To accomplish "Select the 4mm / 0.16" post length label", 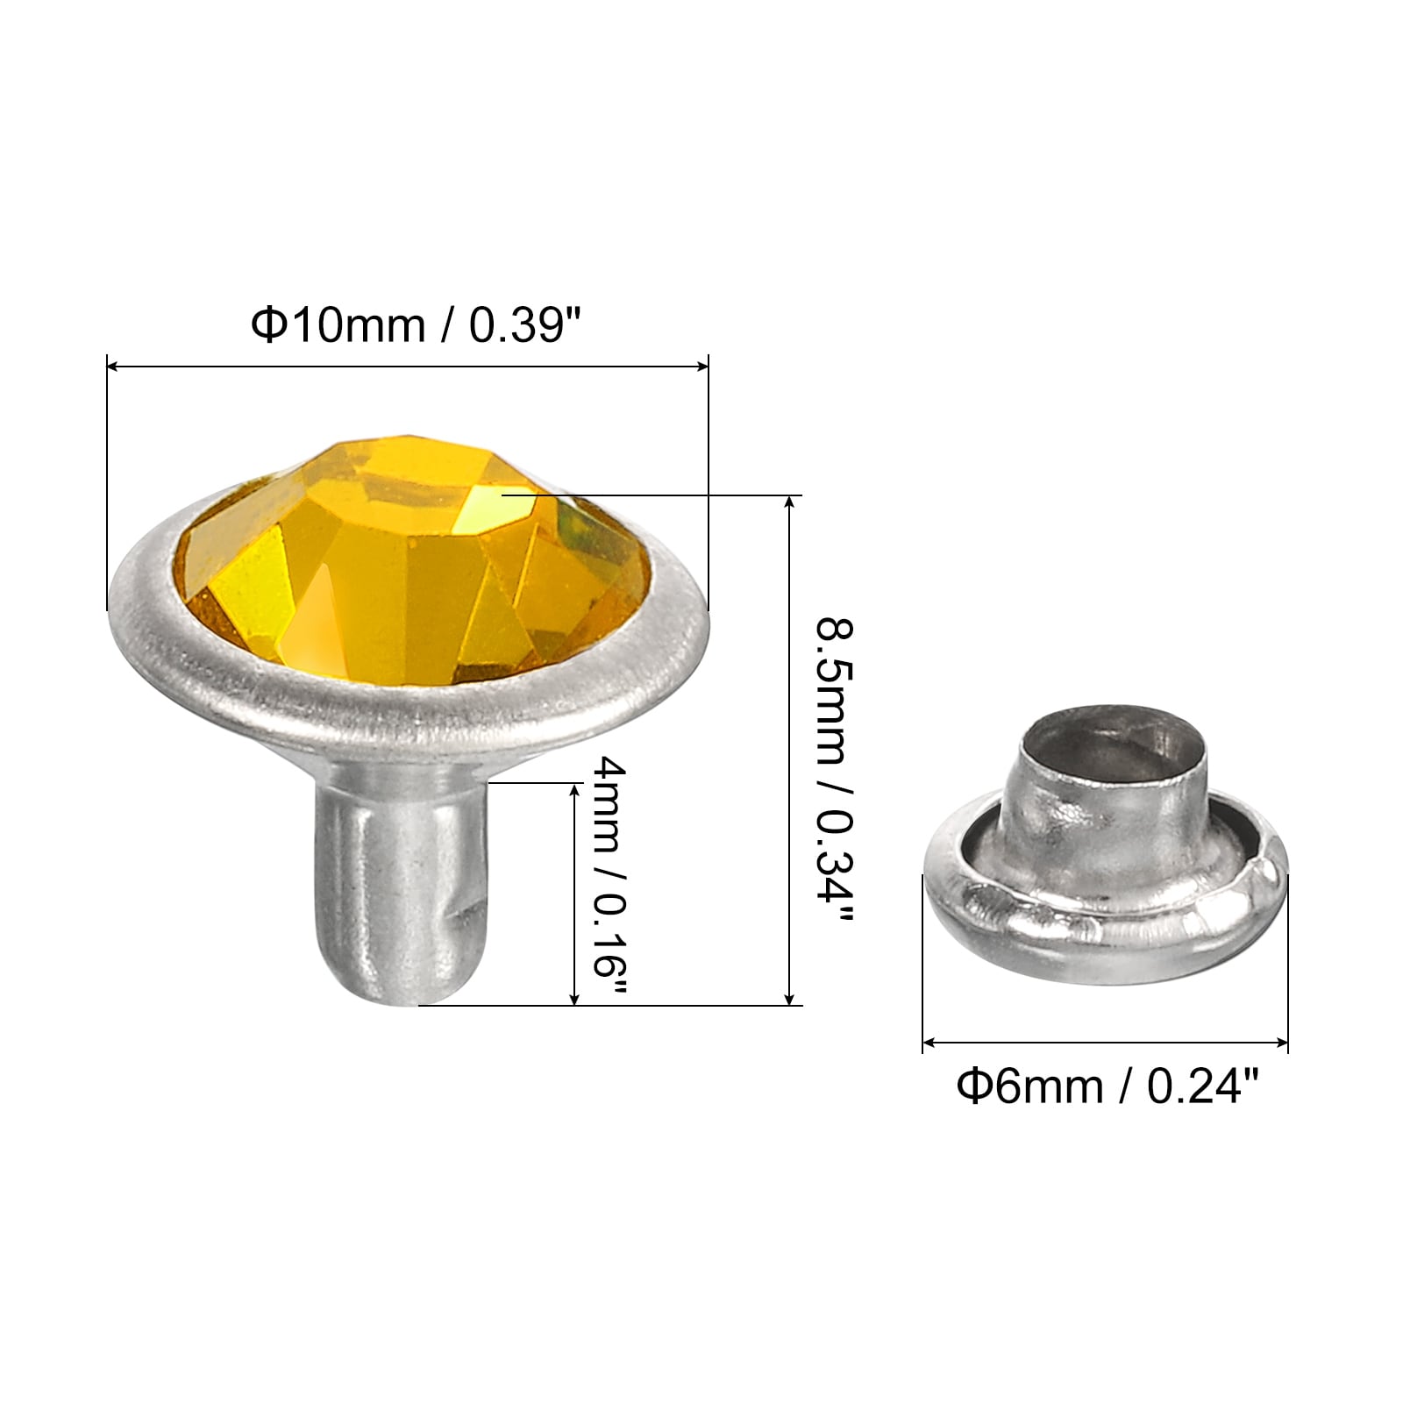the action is tap(609, 882).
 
